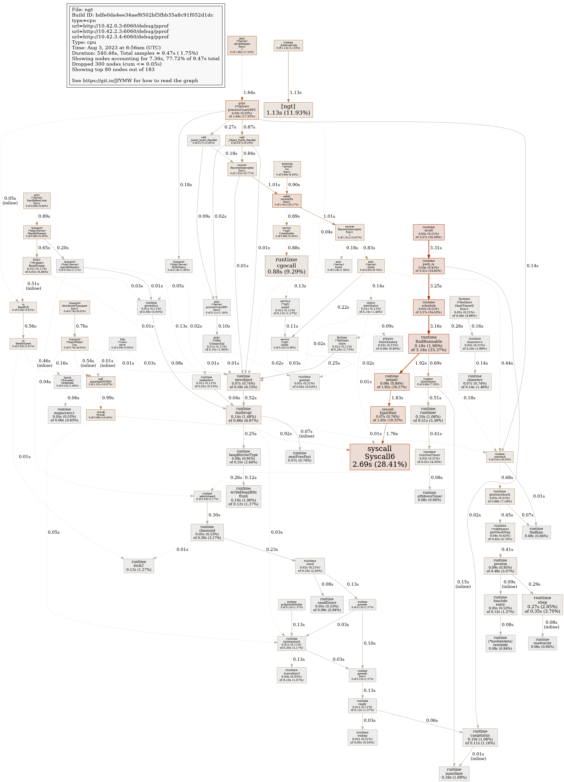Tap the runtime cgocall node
click(x=286, y=266)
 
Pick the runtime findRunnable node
click(x=429, y=343)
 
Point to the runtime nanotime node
click(x=454, y=773)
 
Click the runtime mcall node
click(x=429, y=232)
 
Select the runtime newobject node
click(x=243, y=382)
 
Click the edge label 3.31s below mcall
click(x=436, y=248)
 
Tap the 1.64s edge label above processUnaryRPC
click(x=249, y=92)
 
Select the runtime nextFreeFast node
click(x=300, y=456)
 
